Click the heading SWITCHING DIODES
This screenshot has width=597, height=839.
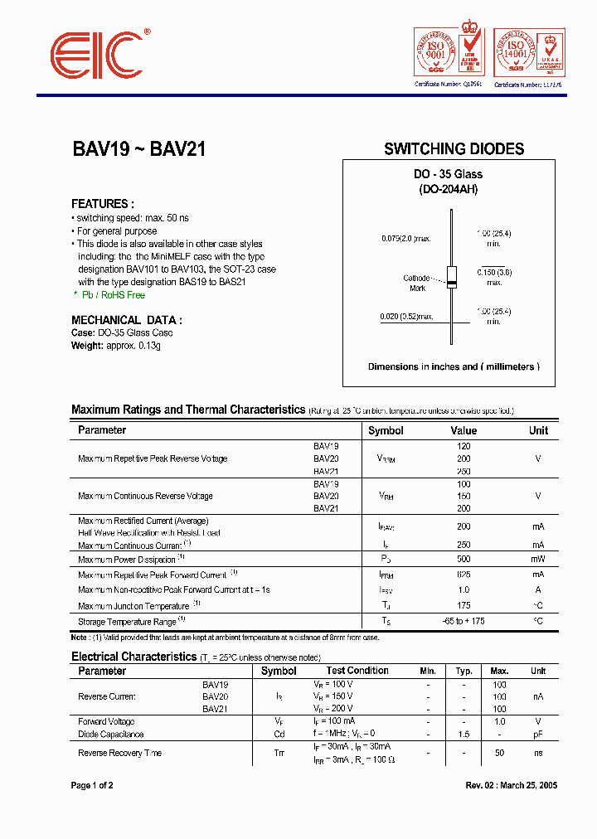coord(454,149)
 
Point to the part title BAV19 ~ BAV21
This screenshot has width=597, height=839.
coord(138,149)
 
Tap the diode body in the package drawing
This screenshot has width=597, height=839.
coord(452,278)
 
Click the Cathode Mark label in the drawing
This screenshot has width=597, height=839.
coord(417,283)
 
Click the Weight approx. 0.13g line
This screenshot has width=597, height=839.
coord(115,346)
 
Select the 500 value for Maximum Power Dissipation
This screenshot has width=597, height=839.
coord(464,560)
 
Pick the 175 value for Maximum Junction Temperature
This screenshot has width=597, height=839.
coord(464,606)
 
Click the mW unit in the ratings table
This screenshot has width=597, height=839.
coord(538,560)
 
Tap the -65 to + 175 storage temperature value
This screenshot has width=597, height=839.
coord(464,621)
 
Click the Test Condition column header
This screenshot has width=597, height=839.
coord(357,671)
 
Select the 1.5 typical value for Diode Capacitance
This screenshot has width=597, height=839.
coord(464,735)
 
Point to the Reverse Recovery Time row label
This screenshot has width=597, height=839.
coord(119,753)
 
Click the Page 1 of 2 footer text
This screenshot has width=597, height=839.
coord(92,786)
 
